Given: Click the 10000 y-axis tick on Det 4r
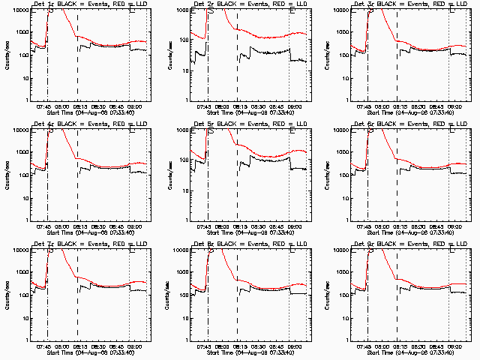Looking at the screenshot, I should click(19, 130).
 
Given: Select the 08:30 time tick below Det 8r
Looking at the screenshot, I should click(257, 347).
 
